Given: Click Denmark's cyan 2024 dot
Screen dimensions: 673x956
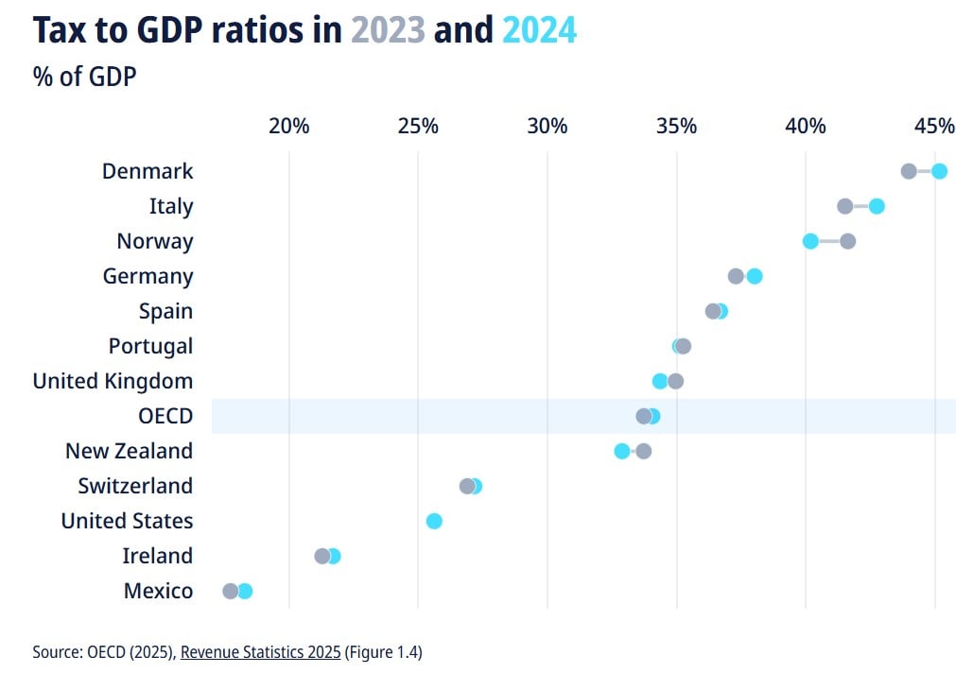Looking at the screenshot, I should (x=939, y=171).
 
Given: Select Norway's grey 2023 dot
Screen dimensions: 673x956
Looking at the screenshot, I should (x=847, y=241).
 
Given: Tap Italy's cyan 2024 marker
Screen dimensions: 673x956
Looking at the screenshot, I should (x=877, y=206).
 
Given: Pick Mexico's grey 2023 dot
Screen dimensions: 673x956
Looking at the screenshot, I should (x=230, y=591).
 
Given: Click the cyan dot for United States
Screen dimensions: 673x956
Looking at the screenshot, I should (x=434, y=521).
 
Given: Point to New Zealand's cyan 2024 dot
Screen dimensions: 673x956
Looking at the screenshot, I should (x=621, y=451).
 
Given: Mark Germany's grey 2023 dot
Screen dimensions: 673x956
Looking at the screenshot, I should (x=736, y=276).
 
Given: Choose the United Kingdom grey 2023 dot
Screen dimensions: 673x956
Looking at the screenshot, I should (x=675, y=381).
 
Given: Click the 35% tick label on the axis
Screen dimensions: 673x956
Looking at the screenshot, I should (x=676, y=127).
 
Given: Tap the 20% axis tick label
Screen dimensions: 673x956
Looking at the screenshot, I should (x=288, y=127).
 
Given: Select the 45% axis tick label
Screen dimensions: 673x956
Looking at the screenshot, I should (x=934, y=127).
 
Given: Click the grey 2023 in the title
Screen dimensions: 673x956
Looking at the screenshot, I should (x=388, y=30).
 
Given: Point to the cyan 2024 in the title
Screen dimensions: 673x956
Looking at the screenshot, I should (x=539, y=30).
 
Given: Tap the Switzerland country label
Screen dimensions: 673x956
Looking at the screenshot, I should (x=135, y=486).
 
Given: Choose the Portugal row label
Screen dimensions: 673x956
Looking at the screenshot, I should (x=150, y=346).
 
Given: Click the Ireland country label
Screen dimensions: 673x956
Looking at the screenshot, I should (x=157, y=556).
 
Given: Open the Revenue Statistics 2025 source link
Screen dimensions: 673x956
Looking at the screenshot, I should (x=260, y=651).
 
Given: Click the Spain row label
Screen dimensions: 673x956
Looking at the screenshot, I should (x=165, y=311).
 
